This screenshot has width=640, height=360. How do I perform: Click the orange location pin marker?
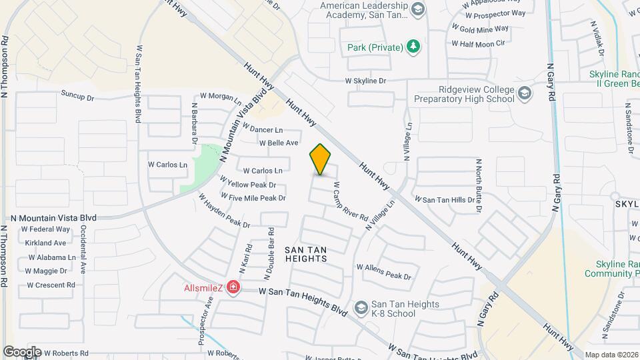321,159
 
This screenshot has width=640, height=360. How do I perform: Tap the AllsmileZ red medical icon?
233,287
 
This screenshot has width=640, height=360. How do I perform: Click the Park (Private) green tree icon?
415,47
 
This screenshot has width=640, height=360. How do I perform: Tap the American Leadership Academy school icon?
418,9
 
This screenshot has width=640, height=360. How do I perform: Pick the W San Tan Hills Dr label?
446,199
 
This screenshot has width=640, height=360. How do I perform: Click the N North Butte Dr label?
478,186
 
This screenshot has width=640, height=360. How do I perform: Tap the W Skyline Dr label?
365,81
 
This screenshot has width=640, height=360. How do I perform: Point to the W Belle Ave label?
279,143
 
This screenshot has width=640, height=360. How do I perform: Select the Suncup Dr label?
78,95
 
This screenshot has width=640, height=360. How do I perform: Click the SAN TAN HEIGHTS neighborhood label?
305,254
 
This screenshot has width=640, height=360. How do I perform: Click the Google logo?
22,352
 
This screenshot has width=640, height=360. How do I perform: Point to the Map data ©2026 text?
611,355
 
